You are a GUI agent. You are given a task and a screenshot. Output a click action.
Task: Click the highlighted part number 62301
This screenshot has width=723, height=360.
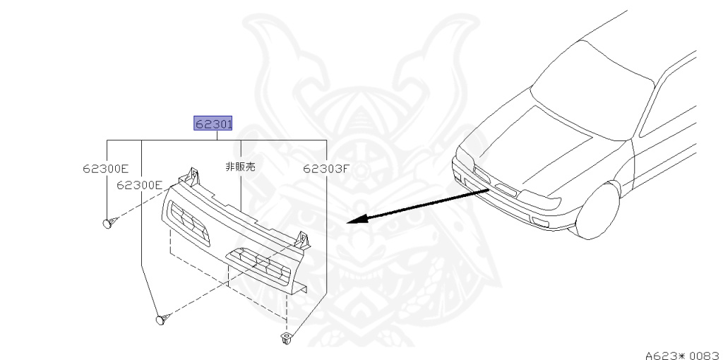click(x=213, y=124)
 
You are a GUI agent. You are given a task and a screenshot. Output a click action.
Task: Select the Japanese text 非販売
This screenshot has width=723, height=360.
click(x=240, y=167)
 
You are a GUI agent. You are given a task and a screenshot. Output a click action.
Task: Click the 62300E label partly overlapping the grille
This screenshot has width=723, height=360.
click(x=139, y=185)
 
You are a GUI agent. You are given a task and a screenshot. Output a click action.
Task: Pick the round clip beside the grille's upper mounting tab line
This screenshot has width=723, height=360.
click(x=108, y=224)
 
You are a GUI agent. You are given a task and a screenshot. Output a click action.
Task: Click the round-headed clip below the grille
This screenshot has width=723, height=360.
click(x=162, y=319)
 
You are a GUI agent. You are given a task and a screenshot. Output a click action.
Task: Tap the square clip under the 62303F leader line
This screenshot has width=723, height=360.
click(x=285, y=337)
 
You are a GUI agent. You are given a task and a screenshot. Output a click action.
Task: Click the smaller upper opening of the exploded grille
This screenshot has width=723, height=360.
click(x=188, y=221)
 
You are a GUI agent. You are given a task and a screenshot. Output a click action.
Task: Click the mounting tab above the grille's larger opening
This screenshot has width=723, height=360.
click(x=302, y=240)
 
